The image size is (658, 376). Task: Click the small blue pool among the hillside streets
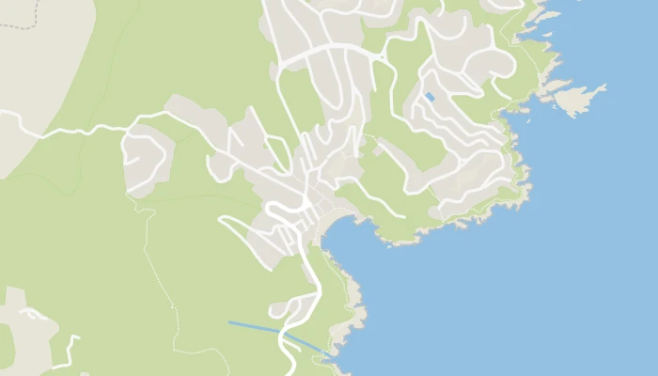[x=430, y=97]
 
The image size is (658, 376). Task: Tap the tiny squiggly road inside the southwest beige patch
[x=34, y=314]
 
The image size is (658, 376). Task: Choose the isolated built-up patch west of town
[x=147, y=160]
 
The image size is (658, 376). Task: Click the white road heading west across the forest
[x=75, y=129]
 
